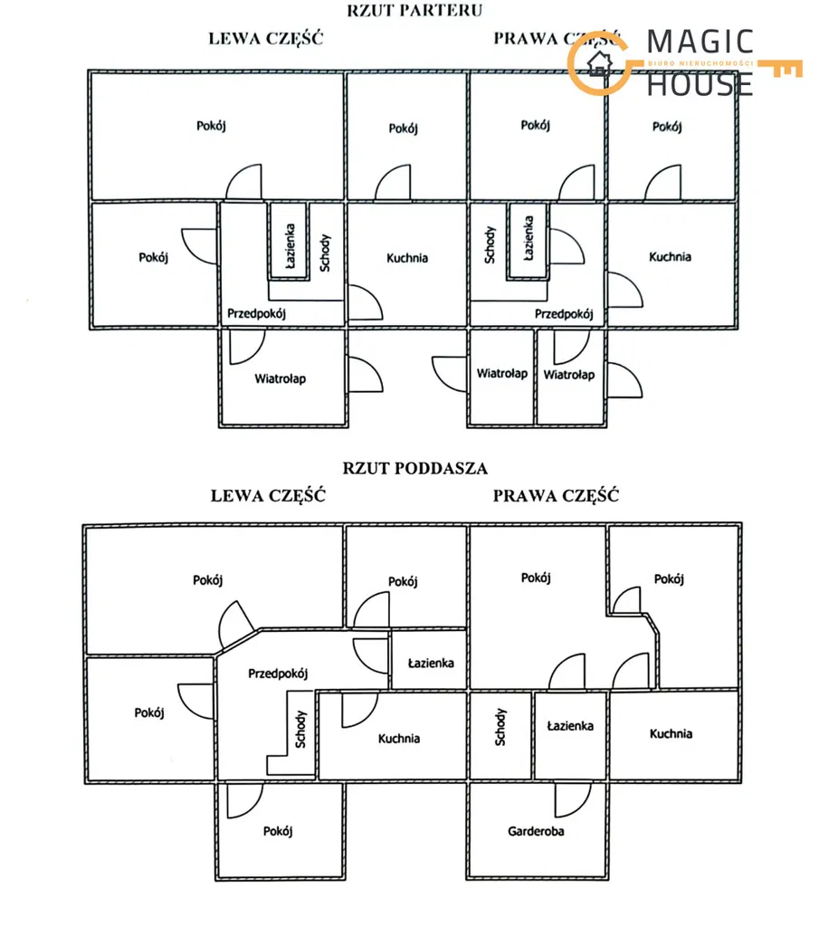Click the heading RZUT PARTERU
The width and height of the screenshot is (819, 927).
[x=414, y=11]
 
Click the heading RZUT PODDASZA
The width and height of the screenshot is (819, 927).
[x=414, y=468]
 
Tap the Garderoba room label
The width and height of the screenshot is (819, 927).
[x=536, y=830]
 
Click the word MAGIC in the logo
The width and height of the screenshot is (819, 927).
[x=700, y=43]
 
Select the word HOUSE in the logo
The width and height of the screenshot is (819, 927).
[x=700, y=83]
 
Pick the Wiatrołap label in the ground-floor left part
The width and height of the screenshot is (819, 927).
[x=280, y=378]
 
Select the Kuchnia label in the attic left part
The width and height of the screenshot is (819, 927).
[x=398, y=738]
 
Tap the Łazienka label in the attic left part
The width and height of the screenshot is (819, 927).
[x=431, y=663]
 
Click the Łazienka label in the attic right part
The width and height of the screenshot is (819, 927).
[x=570, y=726]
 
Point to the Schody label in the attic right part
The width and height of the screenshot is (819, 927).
[x=500, y=727]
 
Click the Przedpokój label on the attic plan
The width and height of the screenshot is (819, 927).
[x=278, y=673]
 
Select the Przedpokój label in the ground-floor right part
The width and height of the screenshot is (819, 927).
[x=563, y=314]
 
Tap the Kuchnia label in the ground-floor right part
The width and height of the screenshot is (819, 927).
[x=670, y=256]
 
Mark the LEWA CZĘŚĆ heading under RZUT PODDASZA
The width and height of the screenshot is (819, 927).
[x=267, y=495]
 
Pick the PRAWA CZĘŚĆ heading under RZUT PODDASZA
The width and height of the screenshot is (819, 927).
[x=556, y=495]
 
